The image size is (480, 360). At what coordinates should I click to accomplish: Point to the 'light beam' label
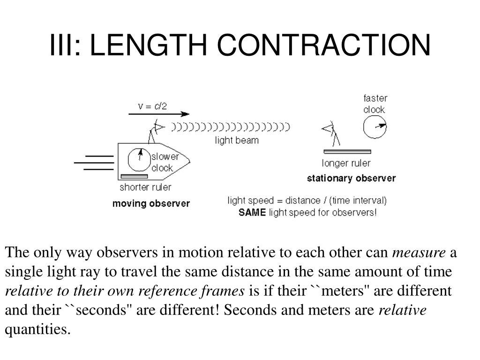coord(237,140)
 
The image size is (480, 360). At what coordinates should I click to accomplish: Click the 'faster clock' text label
coord(375,104)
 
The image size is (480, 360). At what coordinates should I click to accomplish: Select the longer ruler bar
coord(347,151)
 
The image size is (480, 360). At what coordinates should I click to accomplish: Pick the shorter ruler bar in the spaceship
coord(135,176)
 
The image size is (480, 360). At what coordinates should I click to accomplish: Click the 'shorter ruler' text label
coord(145,187)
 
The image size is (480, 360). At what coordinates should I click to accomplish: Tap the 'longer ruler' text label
coord(346,164)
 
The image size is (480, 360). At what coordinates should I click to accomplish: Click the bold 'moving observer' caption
coord(151,203)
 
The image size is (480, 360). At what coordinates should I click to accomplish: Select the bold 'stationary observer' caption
coord(351,178)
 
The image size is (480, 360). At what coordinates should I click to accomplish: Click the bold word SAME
coord(252,212)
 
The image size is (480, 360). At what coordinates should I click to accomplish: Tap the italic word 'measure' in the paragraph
coord(419,253)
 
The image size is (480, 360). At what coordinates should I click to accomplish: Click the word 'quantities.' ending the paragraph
coord(37,330)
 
